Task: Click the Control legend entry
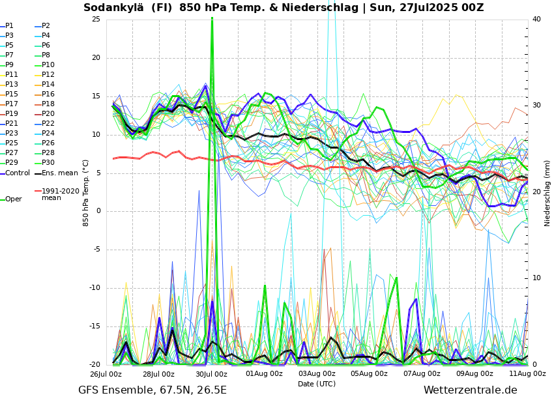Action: tap(18, 173)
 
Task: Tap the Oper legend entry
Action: tap(13, 199)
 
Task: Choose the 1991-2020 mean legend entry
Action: tap(60, 194)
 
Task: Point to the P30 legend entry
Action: tap(48, 163)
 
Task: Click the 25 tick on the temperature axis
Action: tap(96, 19)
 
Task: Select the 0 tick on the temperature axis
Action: tap(98, 211)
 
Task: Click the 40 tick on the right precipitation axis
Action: tap(536, 19)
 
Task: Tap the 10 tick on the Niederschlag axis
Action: tap(536, 278)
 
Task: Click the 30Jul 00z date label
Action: tap(211, 374)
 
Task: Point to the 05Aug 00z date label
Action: tap(370, 374)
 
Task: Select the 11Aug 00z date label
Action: tap(527, 374)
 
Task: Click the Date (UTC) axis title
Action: tap(317, 384)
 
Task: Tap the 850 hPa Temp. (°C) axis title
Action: tap(86, 192)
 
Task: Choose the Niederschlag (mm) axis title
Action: tap(547, 192)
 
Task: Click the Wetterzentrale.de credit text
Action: tap(470, 390)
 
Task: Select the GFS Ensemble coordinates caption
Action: tap(153, 390)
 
